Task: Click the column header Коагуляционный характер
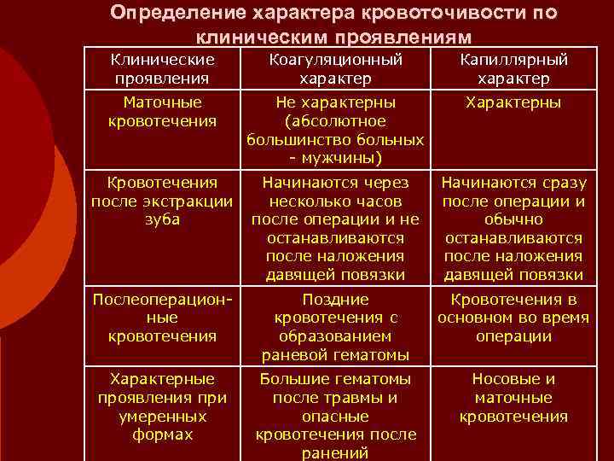pyautogui.click(x=335, y=69)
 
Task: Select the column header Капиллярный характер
pyautogui.click(x=513, y=69)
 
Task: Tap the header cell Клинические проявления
pyautogui.click(x=163, y=69)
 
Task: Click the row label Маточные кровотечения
pyautogui.click(x=163, y=112)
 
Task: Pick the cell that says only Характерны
pyautogui.click(x=513, y=103)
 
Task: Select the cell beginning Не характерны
pyautogui.click(x=335, y=131)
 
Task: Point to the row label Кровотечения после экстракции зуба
pyautogui.click(x=163, y=201)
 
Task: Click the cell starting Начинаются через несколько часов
pyautogui.click(x=335, y=229)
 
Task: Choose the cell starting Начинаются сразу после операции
pyautogui.click(x=513, y=229)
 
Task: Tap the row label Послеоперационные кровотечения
pyautogui.click(x=163, y=318)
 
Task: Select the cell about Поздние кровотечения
pyautogui.click(x=335, y=327)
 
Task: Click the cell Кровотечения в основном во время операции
pyautogui.click(x=513, y=318)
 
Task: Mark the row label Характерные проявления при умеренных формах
pyautogui.click(x=163, y=406)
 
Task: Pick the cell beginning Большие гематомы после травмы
pyautogui.click(x=335, y=416)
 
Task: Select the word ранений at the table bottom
pyautogui.click(x=335, y=453)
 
